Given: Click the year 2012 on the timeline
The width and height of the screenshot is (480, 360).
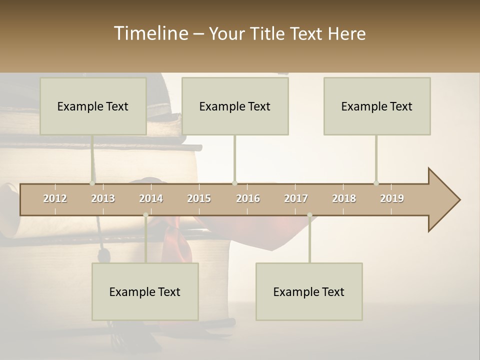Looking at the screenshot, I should (x=55, y=198).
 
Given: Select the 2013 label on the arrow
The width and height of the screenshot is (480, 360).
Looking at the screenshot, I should (x=103, y=198).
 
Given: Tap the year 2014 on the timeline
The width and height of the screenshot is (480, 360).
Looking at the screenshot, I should (x=151, y=198).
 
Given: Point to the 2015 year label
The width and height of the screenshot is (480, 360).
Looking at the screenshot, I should (x=199, y=198).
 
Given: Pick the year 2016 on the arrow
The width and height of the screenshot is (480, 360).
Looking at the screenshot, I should (x=248, y=198).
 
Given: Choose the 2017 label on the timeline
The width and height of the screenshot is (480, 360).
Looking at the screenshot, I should (x=296, y=198).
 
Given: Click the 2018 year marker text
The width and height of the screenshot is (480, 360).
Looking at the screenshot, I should (x=344, y=198).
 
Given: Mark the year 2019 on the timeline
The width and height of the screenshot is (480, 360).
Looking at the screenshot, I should (x=392, y=198).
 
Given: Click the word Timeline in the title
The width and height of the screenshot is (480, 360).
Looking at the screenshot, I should (x=150, y=33).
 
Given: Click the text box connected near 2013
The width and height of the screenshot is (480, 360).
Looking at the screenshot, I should (x=93, y=106).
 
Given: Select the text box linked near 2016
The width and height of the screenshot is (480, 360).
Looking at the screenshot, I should (x=235, y=106).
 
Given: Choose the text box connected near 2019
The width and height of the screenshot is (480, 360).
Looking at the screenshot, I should (x=377, y=106).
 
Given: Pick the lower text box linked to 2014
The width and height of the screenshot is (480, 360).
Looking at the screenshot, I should (x=145, y=291).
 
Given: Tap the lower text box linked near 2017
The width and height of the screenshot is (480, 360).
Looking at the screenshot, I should (x=309, y=291).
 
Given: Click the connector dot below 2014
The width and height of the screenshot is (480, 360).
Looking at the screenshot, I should (x=145, y=215).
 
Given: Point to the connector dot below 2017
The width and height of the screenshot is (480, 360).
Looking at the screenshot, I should (x=309, y=215).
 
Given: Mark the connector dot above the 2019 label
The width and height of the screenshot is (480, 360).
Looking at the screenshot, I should (x=376, y=183).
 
